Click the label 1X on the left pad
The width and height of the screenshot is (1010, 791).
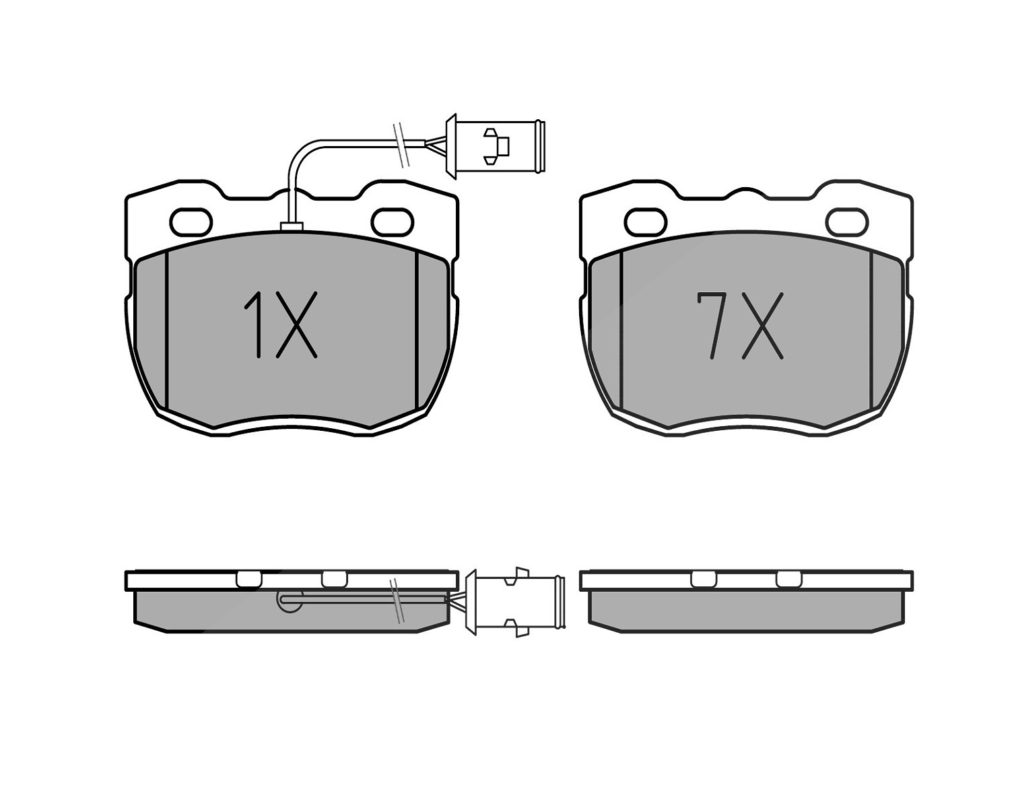280,324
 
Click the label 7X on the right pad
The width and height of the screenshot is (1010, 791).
740,326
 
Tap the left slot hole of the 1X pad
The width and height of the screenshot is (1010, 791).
191,222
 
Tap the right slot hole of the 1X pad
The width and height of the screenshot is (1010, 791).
392,222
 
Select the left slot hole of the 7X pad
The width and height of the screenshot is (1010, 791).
646,222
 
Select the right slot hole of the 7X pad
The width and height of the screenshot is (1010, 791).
847,222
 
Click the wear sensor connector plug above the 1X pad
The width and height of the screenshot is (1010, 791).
494,146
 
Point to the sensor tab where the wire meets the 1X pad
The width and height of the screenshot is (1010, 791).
292,226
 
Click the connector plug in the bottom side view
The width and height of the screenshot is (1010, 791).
515,602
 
